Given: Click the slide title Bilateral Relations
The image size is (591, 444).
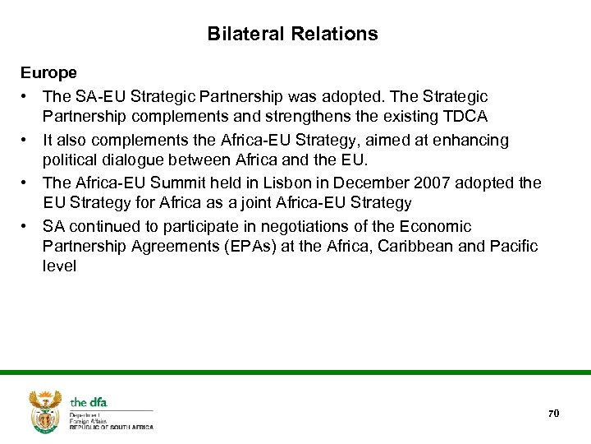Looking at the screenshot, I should [x=292, y=35].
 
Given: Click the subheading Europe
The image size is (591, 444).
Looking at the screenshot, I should [x=49, y=73].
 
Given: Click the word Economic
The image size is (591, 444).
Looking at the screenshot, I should [x=437, y=226].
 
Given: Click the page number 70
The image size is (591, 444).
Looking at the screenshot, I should [x=553, y=413].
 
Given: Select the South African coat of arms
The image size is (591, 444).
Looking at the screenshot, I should [x=46, y=410].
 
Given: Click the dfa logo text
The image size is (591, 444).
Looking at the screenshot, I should [x=89, y=402].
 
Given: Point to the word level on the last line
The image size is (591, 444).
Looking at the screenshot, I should [x=59, y=266].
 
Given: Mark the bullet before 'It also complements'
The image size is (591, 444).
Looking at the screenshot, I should [x=28, y=141].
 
